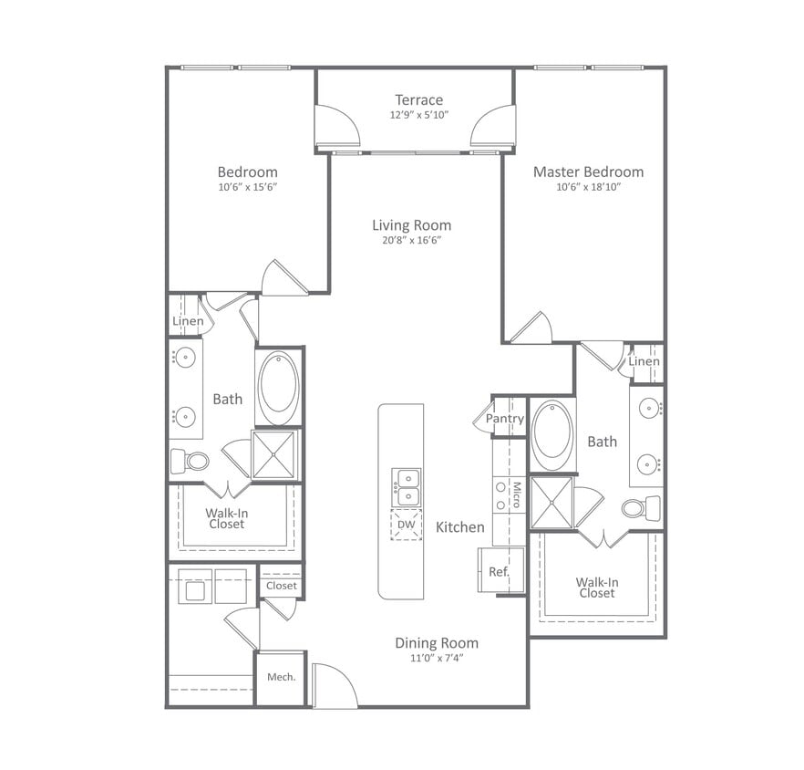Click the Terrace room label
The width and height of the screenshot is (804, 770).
coord(418,99)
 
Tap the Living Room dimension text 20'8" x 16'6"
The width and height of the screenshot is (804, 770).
coord(411,241)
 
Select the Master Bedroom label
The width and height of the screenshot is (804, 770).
coord(588,172)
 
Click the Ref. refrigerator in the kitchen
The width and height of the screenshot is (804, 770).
coord(499,572)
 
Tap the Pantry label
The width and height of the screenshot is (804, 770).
coord(504,419)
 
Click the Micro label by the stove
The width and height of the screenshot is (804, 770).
coord(516,495)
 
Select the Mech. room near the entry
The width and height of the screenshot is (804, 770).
coord(281,677)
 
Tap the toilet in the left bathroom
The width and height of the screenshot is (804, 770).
coord(191,461)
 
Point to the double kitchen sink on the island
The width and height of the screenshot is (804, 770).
coord(407,487)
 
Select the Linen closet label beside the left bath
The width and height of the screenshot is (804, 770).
coord(188,321)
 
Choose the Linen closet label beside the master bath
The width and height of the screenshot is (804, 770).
coord(644,362)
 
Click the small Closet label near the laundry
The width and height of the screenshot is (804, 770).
coord(281,586)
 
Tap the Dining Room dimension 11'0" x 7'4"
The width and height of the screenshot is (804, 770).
coord(436,658)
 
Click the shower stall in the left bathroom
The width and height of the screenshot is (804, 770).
coord(275,454)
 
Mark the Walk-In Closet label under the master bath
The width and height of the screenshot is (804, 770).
coord(597,588)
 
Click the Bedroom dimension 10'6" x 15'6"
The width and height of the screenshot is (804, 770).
coord(247,187)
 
